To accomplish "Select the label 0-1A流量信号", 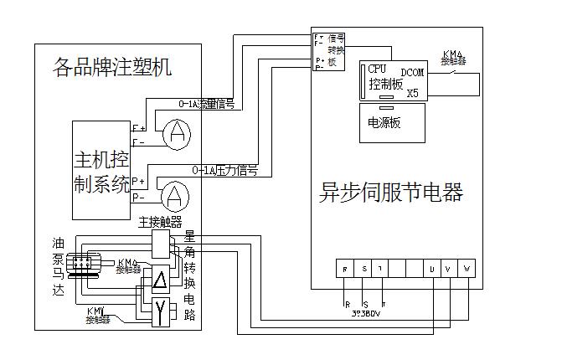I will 206,105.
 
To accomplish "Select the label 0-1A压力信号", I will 224,170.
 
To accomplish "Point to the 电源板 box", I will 392,122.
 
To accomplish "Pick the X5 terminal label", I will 412,93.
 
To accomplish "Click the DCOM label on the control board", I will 413,74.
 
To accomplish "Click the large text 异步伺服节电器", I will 391,193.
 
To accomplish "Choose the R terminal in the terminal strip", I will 345,269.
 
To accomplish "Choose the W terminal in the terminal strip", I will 467,269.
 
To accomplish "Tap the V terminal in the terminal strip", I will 449,269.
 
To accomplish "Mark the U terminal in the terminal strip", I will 431,269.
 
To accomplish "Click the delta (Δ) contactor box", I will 160,281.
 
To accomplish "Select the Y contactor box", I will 160,313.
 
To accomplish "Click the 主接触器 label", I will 160,221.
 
